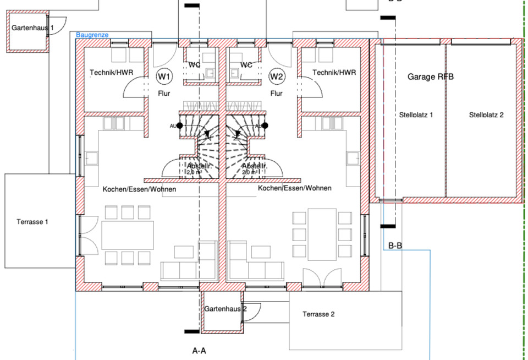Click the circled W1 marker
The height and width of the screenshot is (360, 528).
click(163, 75)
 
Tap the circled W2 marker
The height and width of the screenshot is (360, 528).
click(277, 75)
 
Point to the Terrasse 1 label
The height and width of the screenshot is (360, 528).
click(32, 222)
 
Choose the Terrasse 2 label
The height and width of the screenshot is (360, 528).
click(318, 314)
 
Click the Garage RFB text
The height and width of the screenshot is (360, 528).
click(431, 77)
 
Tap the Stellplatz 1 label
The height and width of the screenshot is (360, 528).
click(416, 115)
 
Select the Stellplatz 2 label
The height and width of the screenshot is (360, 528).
click(486, 115)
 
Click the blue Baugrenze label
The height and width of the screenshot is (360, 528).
click(92, 35)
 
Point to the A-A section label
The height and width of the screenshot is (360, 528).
click(199, 350)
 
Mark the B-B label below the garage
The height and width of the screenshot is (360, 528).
click(396, 246)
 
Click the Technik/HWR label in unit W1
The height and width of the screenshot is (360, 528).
click(112, 72)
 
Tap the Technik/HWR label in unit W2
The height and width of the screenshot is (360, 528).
click(334, 72)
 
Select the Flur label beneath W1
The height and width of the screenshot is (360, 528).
click(164, 94)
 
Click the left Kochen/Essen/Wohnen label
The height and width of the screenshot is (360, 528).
click(139, 189)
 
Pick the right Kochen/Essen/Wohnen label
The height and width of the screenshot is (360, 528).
click(295, 188)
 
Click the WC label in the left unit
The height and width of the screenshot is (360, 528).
click(194, 65)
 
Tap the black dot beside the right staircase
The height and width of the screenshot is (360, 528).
click(265, 126)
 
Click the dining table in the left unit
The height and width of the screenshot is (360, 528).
click(128, 235)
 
